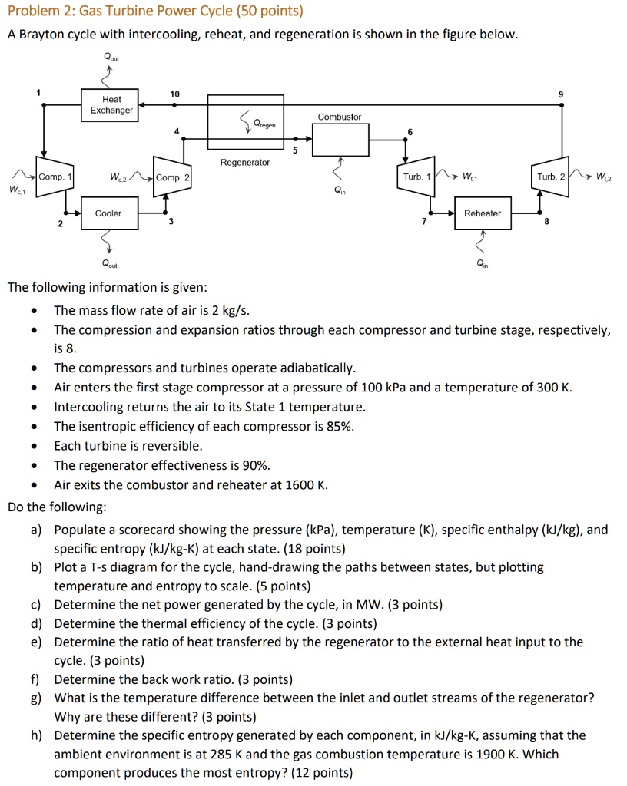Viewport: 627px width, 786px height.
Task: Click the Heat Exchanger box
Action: click(x=111, y=105)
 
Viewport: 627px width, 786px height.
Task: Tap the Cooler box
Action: click(x=108, y=213)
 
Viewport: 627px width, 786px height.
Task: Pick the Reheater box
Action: click(x=483, y=213)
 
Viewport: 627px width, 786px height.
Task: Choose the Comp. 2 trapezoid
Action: click(x=173, y=177)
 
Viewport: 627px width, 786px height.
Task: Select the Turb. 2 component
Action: click(x=551, y=177)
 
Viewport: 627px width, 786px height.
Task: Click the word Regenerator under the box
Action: click(x=245, y=163)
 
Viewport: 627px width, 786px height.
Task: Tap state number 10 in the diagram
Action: click(x=175, y=94)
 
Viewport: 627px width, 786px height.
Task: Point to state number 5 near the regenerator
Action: click(x=293, y=150)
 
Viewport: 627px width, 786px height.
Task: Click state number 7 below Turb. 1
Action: click(x=422, y=221)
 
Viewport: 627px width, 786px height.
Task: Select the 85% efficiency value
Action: click(x=338, y=427)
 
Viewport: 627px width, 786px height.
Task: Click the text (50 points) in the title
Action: click(x=269, y=11)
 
